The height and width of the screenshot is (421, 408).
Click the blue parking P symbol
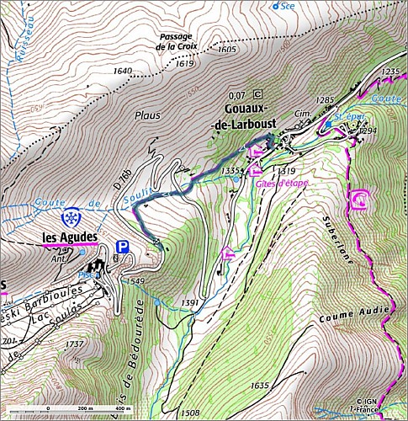123,248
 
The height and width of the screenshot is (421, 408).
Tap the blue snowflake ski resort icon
73,216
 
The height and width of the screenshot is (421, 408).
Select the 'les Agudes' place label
69,237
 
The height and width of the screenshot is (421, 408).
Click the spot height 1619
185,63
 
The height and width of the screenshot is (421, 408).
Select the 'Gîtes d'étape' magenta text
279,183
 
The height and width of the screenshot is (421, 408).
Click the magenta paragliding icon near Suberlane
359,200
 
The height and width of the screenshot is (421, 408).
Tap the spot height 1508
190,413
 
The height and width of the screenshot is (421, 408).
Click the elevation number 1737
74,344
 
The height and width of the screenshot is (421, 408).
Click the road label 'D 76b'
120,179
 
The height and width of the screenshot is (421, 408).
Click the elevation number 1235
389,72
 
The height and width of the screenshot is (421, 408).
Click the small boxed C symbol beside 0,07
257,94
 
